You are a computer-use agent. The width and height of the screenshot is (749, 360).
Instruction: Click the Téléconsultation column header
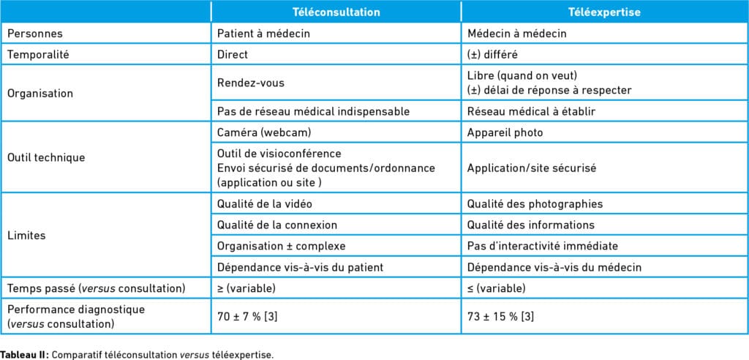[336, 12]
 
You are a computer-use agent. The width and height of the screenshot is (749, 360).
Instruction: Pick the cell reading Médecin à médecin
[515, 34]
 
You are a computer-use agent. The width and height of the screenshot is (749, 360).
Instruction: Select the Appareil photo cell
[503, 134]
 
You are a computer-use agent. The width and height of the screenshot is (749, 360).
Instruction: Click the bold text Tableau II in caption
[23, 353]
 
